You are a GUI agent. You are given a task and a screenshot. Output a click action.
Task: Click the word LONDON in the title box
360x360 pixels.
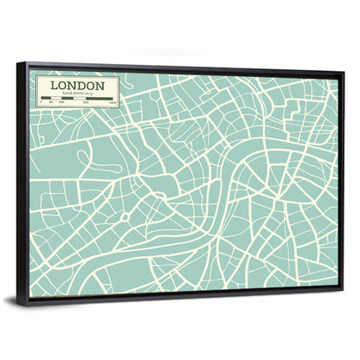pos(78,86)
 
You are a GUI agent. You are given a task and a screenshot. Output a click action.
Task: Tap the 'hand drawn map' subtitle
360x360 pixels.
pos(78,94)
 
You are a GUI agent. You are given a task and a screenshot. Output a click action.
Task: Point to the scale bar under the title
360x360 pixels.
pos(78,100)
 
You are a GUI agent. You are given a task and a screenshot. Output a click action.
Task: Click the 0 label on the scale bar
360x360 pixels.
pos(42,104)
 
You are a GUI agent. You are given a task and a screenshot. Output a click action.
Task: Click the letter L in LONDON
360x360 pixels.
pos(54,86)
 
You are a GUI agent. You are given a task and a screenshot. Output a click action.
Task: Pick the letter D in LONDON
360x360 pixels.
pos(82,86)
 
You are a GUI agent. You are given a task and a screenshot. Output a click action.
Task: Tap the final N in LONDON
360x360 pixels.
pos(101,86)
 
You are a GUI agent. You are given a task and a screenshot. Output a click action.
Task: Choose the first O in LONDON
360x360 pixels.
pos(62,86)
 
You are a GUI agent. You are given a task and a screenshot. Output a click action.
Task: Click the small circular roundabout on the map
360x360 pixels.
pos(125,213)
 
